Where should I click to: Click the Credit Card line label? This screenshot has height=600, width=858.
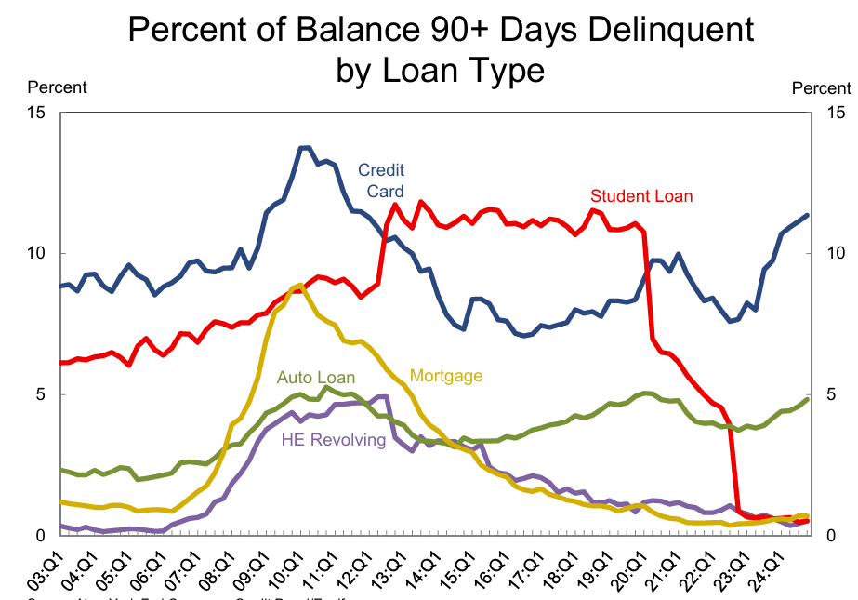(381, 180)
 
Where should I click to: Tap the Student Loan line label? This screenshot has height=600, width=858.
(641, 196)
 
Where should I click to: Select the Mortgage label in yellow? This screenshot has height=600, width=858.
(446, 376)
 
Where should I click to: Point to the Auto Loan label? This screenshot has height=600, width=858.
(315, 378)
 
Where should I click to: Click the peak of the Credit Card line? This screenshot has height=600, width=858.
(304, 148)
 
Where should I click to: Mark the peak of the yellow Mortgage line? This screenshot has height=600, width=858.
(297, 285)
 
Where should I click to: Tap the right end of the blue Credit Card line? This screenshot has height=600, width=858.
(807, 215)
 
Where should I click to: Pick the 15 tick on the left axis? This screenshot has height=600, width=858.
(38, 113)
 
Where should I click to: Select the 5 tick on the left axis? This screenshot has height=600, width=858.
(43, 394)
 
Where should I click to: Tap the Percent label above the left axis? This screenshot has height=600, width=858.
(58, 87)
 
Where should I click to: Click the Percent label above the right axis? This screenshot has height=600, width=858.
(821, 88)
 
